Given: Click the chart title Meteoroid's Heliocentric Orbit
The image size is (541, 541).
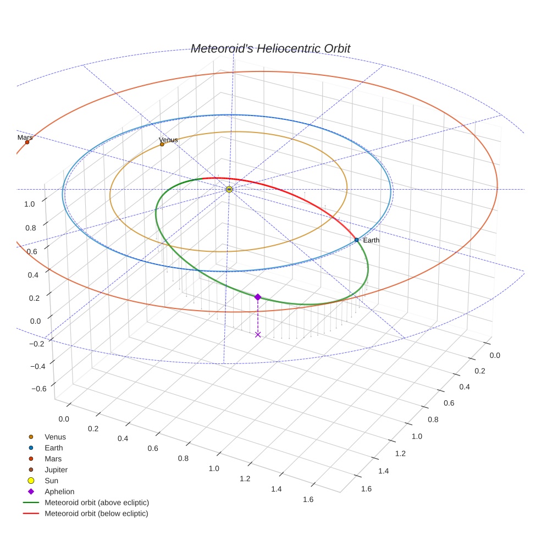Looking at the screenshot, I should (x=270, y=49).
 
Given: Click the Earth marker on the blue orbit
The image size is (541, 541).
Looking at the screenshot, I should (x=356, y=240).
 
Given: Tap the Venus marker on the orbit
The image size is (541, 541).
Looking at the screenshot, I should (x=162, y=145).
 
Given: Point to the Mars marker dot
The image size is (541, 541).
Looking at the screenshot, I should (x=27, y=142).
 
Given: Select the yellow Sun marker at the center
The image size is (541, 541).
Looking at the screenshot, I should (x=229, y=189).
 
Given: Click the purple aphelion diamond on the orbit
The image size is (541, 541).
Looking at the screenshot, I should (x=258, y=297).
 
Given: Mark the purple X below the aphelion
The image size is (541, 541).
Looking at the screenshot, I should (x=258, y=334).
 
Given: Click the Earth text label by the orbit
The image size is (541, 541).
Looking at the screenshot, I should (x=371, y=240).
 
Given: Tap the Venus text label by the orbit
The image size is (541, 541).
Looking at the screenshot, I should (x=168, y=140).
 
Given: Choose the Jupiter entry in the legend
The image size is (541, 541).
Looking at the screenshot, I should (x=56, y=470).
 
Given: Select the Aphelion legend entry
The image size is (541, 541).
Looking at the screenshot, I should (x=59, y=492).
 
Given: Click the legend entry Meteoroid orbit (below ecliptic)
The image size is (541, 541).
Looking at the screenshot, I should (x=96, y=514).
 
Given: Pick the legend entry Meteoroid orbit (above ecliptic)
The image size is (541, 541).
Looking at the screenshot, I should (x=97, y=503).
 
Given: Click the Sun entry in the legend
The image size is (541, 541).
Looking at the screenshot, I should (x=51, y=481).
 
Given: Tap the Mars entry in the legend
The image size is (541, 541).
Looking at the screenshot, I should (x=53, y=459).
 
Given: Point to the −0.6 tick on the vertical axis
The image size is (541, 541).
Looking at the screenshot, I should (x=39, y=389).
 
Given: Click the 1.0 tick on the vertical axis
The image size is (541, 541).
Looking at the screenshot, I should (x=29, y=204).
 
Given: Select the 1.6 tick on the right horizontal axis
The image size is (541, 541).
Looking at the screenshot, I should (x=366, y=489).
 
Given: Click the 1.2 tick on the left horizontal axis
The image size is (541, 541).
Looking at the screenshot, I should (x=245, y=479).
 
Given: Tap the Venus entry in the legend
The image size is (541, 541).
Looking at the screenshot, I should (x=55, y=437).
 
